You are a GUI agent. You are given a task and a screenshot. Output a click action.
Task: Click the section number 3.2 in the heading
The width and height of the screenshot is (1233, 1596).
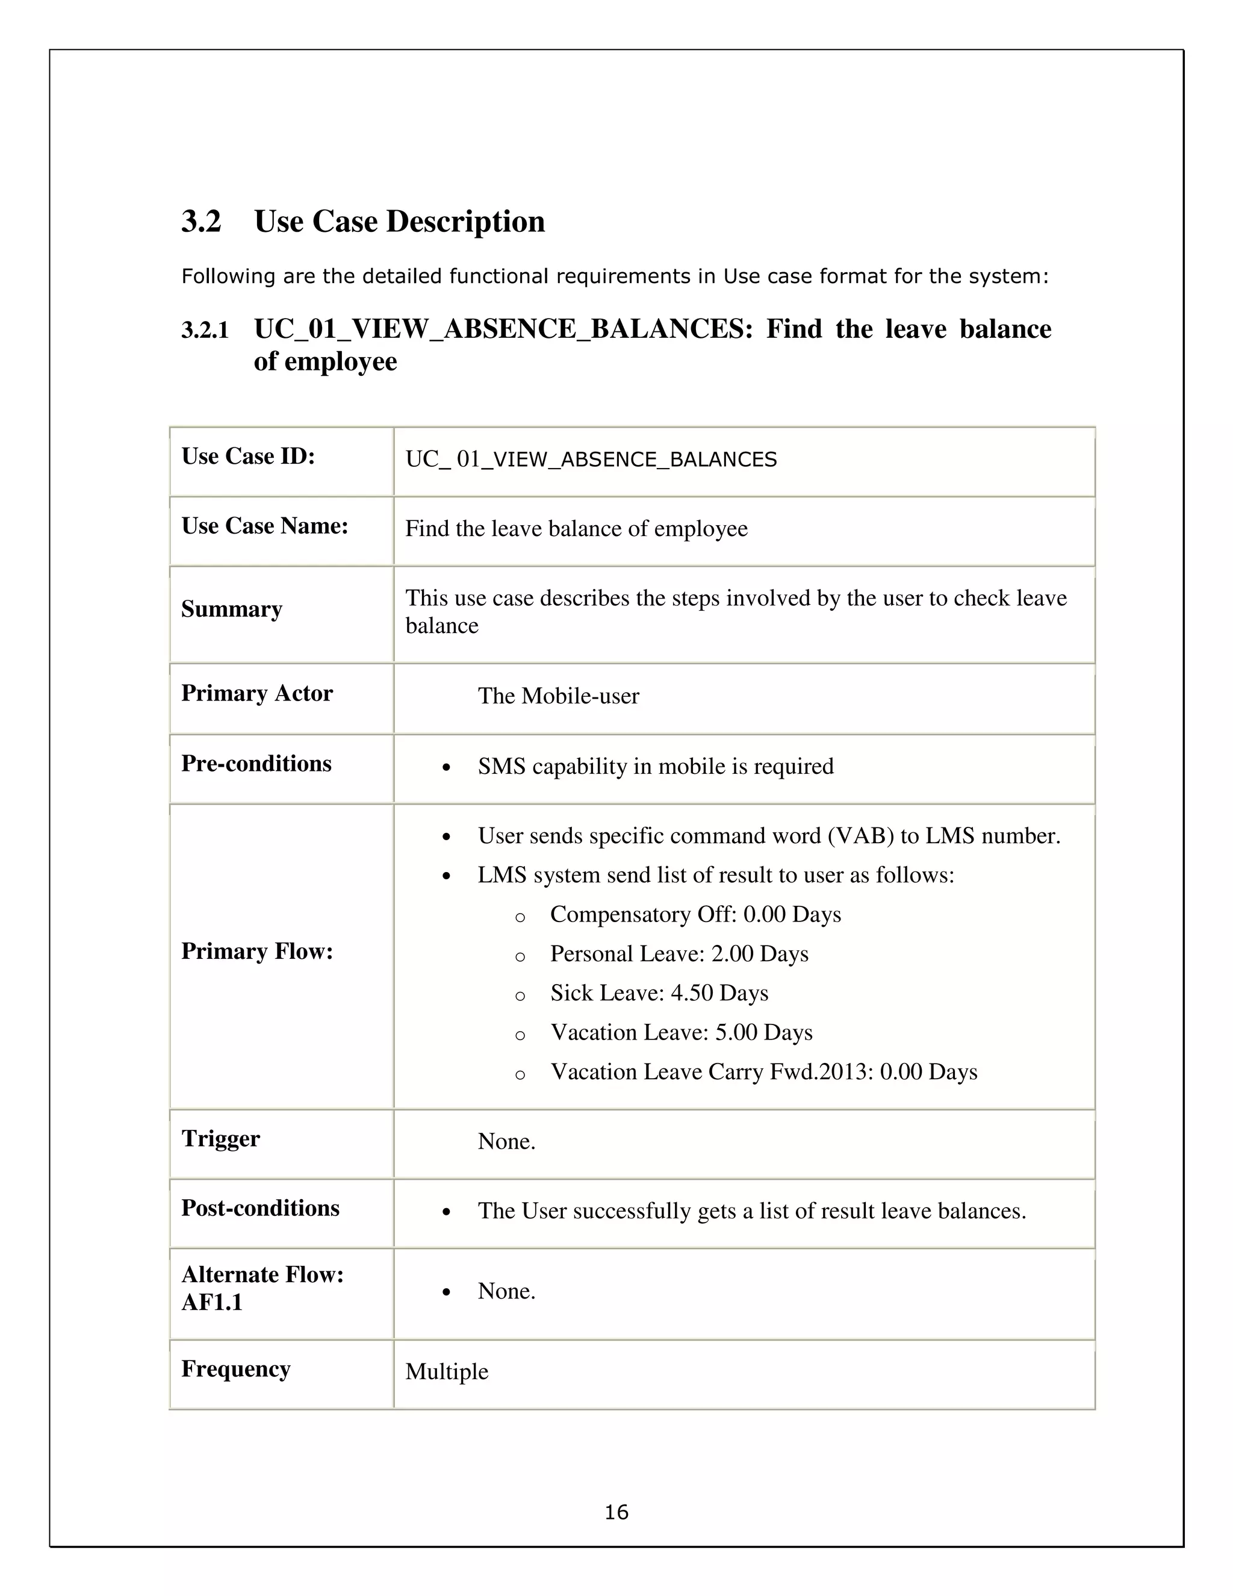(201, 222)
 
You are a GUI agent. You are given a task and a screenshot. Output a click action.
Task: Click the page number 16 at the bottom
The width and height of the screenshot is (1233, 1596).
(616, 1512)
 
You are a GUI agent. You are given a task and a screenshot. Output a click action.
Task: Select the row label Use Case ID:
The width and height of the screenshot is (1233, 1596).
(247, 456)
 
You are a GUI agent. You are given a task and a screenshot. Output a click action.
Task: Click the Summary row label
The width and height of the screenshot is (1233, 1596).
(232, 609)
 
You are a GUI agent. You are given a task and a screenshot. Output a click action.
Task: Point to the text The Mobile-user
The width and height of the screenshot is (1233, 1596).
(558, 696)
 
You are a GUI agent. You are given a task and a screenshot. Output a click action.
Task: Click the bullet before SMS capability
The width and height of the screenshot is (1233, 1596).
(446, 768)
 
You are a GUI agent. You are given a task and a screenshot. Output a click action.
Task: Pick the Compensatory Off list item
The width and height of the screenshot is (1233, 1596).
(695, 914)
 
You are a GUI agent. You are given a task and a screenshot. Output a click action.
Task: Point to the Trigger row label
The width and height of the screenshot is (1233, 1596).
(220, 1138)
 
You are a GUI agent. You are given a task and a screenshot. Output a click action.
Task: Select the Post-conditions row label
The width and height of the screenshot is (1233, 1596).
(260, 1208)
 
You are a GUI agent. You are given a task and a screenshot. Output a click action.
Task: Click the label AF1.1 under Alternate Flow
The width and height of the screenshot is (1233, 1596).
(212, 1303)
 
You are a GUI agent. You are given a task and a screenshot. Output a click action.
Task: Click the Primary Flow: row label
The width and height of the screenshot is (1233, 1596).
(256, 952)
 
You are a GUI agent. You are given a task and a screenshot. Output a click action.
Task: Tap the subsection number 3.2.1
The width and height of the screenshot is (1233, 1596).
(205, 330)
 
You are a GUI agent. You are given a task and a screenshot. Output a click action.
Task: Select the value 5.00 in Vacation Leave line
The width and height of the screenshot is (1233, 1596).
(736, 1032)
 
